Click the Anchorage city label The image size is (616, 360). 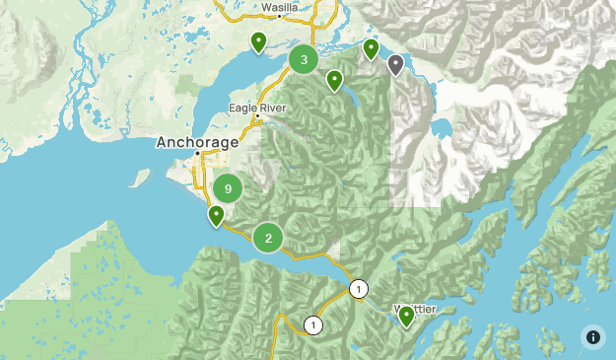click(x=197, y=142)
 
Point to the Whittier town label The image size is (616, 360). click(x=415, y=309)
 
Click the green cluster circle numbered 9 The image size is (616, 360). click(x=228, y=188)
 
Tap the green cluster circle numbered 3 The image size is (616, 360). click(x=304, y=60)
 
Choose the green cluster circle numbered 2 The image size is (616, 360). click(x=268, y=238)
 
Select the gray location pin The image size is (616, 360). click(x=395, y=65)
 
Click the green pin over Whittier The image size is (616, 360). click(x=406, y=316)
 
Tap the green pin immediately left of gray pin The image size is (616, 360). click(x=371, y=48)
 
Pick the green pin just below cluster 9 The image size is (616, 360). click(x=216, y=215)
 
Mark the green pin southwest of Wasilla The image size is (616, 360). click(x=258, y=41)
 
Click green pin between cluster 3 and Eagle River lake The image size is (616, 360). click(x=335, y=80)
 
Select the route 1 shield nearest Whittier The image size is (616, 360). click(x=358, y=289)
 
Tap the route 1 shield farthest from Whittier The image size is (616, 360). click(x=313, y=325)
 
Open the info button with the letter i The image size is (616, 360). click(x=592, y=336)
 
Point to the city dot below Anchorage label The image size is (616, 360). click(x=197, y=153)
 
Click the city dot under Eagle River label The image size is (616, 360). click(x=258, y=117)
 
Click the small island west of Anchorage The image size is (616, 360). click(x=140, y=179)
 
